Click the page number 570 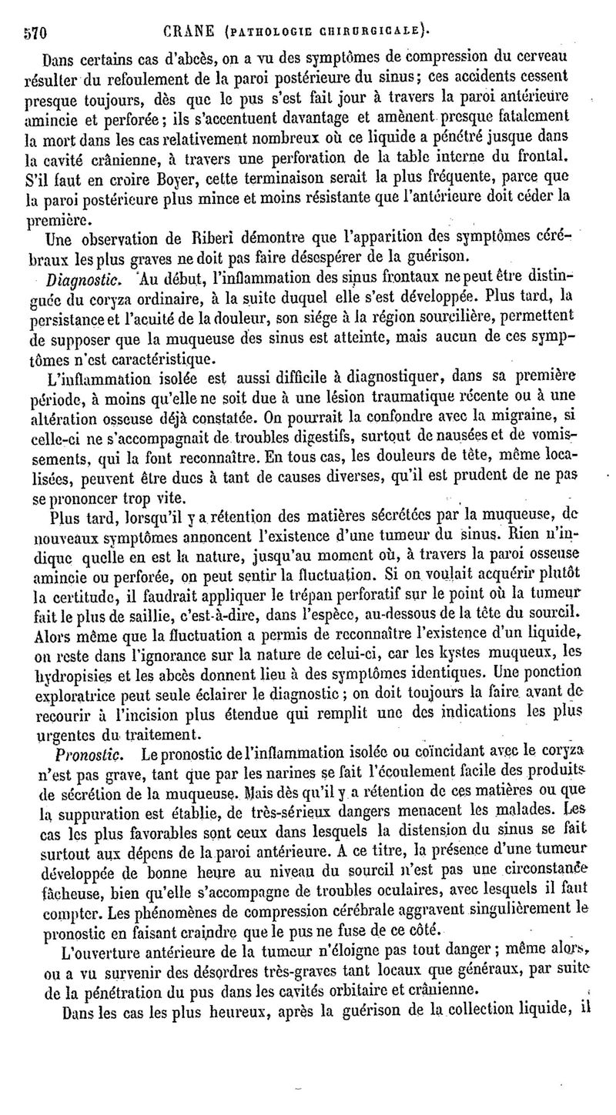35,32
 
